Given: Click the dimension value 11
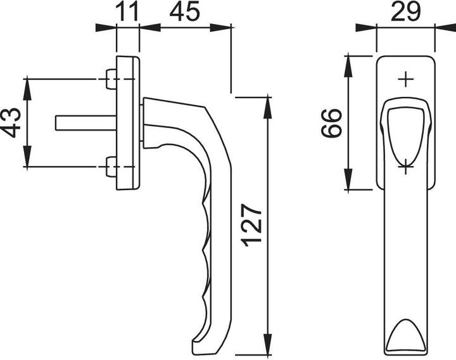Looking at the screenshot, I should click(x=128, y=12).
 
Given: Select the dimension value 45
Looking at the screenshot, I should click(x=184, y=12).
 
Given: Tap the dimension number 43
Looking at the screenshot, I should click(x=11, y=122).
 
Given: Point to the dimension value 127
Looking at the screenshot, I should click(x=251, y=225).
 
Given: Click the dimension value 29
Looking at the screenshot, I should click(x=406, y=12).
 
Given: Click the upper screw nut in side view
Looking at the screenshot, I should click(x=110, y=80).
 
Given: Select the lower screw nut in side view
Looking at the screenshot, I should click(x=110, y=166).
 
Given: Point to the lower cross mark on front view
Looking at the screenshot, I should click(x=405, y=169).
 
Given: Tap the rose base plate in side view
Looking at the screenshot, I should click(x=129, y=123).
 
